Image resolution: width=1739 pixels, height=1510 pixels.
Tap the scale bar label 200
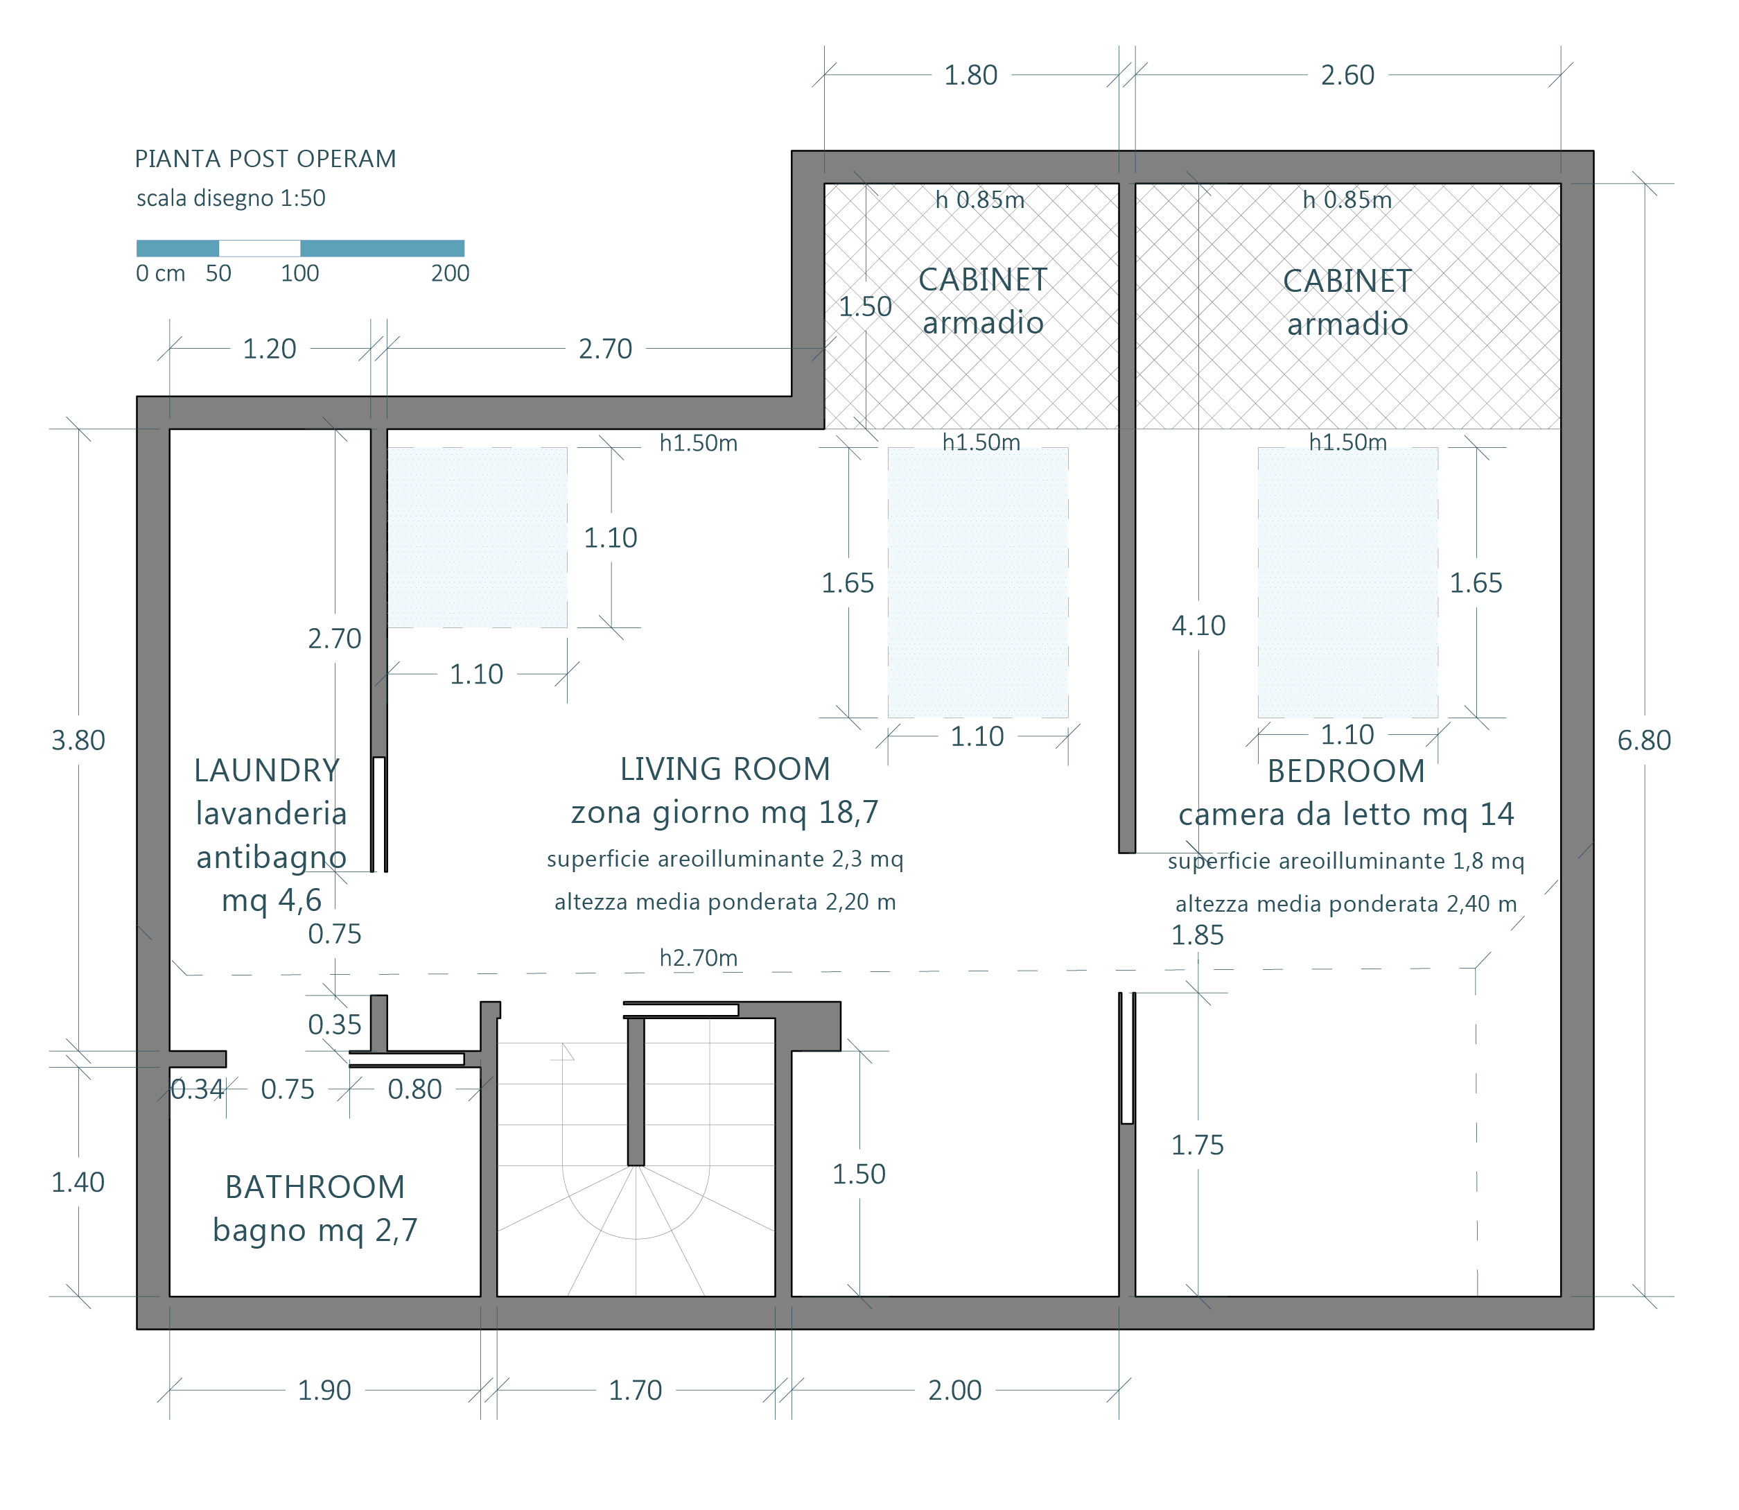click(x=450, y=273)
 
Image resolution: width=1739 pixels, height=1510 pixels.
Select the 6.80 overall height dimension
click(x=1644, y=740)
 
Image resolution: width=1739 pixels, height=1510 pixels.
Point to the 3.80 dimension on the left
click(x=78, y=740)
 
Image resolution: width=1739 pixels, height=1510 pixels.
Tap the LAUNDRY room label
click(x=266, y=770)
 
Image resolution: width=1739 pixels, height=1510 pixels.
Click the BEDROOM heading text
click(x=1347, y=771)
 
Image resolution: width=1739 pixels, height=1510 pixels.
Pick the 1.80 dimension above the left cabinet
click(x=970, y=75)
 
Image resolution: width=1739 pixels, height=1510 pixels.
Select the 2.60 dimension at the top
click(x=1347, y=75)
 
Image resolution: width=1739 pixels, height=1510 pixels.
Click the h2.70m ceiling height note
click(x=699, y=957)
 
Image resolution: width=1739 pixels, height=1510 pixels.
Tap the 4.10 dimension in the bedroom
click(x=1198, y=626)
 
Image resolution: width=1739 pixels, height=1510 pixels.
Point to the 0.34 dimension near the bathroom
click(x=197, y=1090)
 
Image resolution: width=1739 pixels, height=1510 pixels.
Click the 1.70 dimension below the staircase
click(x=636, y=1390)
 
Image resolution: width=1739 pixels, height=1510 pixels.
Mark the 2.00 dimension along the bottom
click(x=954, y=1390)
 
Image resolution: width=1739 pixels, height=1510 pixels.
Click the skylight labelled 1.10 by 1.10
click(x=477, y=537)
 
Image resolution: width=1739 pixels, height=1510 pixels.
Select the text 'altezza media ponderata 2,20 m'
click(x=724, y=903)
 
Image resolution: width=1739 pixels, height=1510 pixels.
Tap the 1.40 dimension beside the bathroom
click(x=78, y=1182)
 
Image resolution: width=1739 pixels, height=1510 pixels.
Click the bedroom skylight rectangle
click(x=1348, y=582)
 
